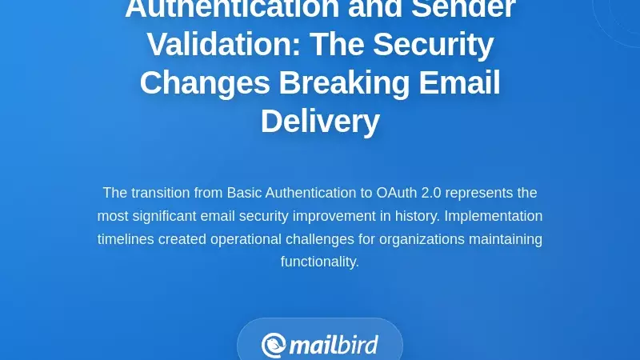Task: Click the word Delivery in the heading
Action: (x=320, y=122)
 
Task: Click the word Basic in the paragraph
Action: (x=244, y=193)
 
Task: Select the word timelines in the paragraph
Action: (x=127, y=239)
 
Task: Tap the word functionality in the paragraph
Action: (x=319, y=262)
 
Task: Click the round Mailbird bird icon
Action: (x=274, y=346)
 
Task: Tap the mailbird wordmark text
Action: (x=333, y=346)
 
